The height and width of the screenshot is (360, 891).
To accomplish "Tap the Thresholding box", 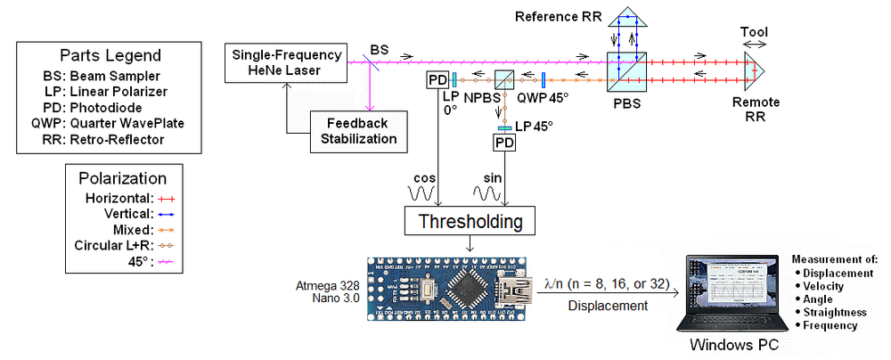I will pyautogui.click(x=471, y=220).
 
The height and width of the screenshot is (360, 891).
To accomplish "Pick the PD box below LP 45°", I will pyautogui.click(x=505, y=142).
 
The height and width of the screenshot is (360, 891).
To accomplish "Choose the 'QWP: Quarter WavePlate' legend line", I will pyautogui.click(x=110, y=124).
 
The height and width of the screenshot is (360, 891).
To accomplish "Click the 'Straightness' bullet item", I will pyautogui.click(x=835, y=313).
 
